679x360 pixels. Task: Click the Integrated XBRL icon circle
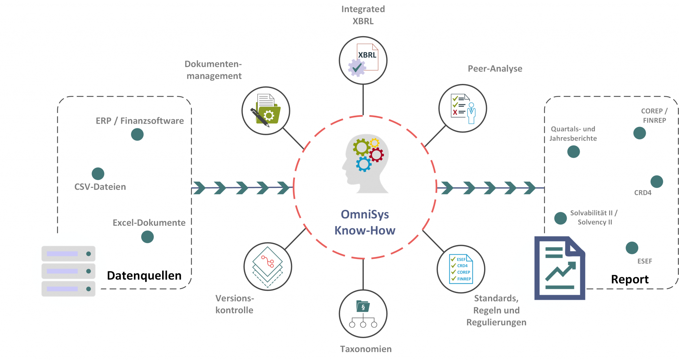point(363,61)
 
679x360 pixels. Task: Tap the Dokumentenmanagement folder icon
point(266,111)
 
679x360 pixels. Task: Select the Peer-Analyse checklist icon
point(463,108)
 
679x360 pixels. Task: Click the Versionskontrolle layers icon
point(268,267)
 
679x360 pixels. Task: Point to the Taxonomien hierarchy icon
point(363,314)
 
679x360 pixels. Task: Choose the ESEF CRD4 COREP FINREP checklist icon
point(461,269)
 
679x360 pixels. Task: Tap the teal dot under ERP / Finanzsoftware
point(137,134)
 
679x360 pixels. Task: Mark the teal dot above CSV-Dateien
point(98,174)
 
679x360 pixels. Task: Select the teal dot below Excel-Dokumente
point(147,237)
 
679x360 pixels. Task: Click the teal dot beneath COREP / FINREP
point(640,133)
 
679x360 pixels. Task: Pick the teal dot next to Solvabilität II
point(560,218)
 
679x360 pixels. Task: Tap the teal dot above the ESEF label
point(632,248)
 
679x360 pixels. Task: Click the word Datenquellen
point(144,275)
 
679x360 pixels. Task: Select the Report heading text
point(630,279)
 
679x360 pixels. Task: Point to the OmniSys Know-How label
point(365,222)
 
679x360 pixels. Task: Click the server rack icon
point(68,271)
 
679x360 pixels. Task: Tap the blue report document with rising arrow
point(560,268)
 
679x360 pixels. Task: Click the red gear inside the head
point(377,154)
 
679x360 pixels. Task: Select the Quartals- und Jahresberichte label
point(573,134)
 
